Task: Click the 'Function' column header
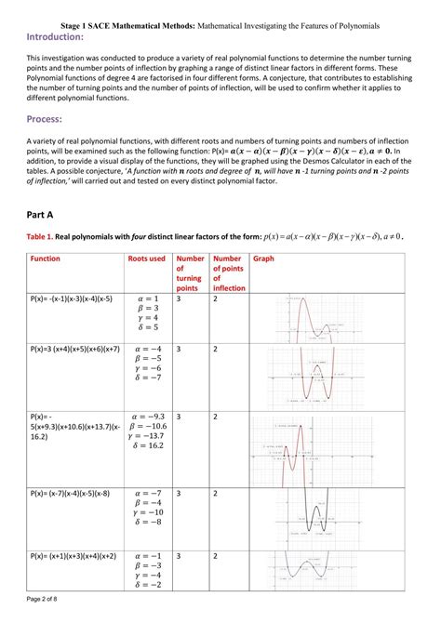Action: click(x=46, y=258)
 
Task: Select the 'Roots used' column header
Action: click(x=146, y=258)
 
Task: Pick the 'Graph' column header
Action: click(x=263, y=258)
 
